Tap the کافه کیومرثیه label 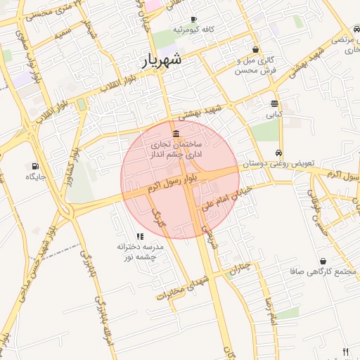coord(198,30)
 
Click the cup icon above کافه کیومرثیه coord(193,19)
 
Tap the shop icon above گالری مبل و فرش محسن coord(254,50)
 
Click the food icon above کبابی coord(274,103)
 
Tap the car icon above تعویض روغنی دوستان coord(279,153)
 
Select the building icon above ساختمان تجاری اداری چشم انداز coord(175,134)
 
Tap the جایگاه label coord(36,176)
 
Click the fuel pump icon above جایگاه coord(34,166)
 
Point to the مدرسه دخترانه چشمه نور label coord(141,252)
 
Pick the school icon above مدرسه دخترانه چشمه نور coord(140,236)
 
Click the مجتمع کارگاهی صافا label coord(316,271)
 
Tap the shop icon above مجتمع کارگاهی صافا coord(323,261)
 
